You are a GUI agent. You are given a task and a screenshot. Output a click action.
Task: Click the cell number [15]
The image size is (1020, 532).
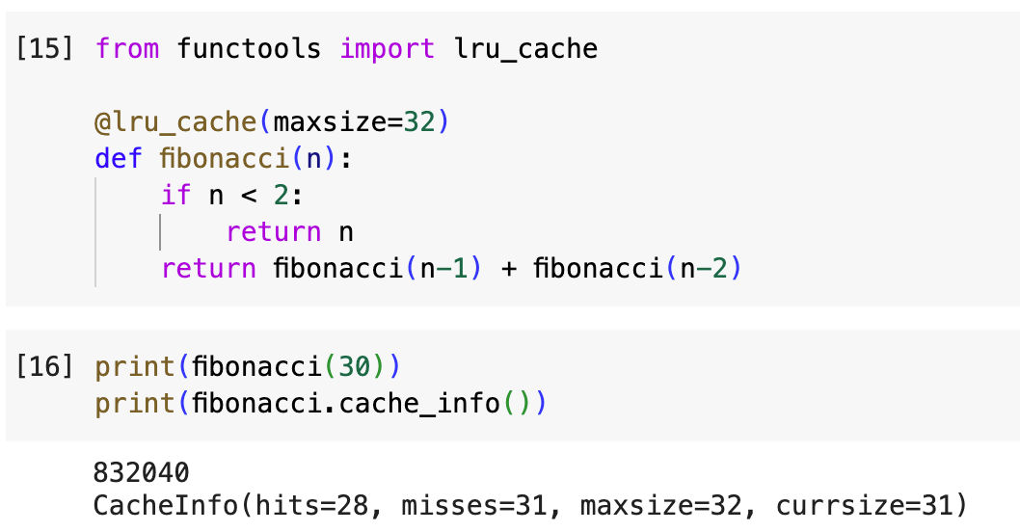(x=45, y=48)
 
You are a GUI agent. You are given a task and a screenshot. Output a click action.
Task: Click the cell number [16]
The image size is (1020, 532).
(x=45, y=366)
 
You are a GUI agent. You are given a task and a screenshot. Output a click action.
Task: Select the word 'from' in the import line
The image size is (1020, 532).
(x=127, y=48)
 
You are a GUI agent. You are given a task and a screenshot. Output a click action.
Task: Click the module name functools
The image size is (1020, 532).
(x=249, y=48)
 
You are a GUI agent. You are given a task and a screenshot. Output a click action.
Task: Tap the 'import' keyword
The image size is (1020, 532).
(x=387, y=48)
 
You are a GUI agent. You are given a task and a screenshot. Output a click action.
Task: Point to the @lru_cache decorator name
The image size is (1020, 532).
(x=175, y=122)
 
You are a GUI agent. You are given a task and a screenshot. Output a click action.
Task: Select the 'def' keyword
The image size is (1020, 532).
(x=119, y=159)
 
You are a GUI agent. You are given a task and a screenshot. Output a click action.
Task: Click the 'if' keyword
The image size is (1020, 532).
(x=175, y=196)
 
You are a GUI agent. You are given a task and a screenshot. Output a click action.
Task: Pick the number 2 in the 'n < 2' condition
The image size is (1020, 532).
(x=281, y=196)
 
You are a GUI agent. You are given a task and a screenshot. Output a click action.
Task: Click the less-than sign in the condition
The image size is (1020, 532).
(x=249, y=196)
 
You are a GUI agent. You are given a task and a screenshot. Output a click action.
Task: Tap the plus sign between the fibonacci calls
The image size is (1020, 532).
(x=508, y=269)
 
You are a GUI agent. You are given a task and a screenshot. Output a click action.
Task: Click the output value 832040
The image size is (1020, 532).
(x=142, y=472)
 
